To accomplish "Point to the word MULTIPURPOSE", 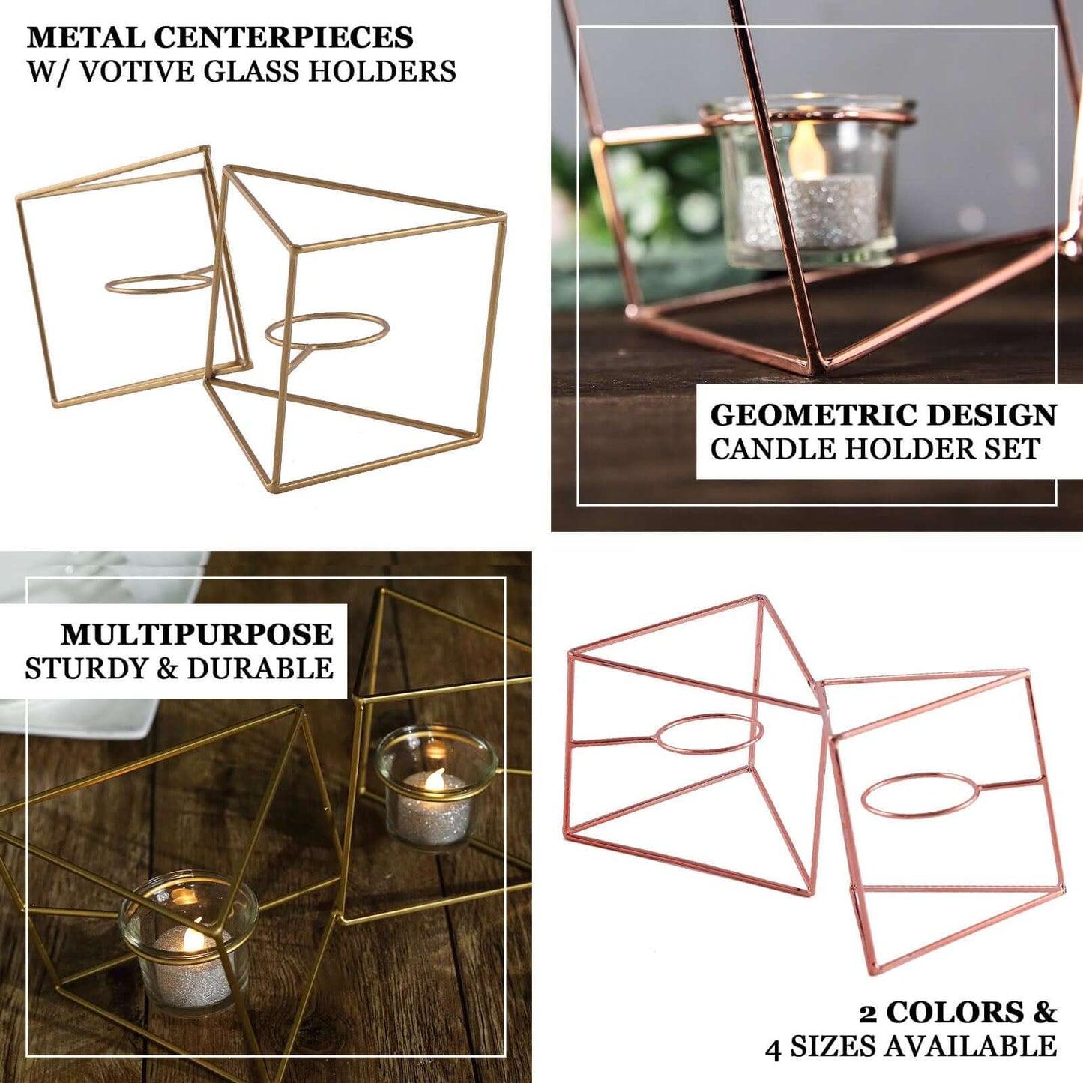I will (x=197, y=635).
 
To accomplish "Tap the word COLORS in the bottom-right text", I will (x=955, y=1013).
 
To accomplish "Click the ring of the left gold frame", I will (x=160, y=283).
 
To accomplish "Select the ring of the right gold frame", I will (x=327, y=331).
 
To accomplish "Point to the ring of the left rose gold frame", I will (x=708, y=733).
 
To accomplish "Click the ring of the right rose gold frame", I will (x=920, y=795).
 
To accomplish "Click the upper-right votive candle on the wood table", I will (x=435, y=786).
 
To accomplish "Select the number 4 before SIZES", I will (x=773, y=1048).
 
